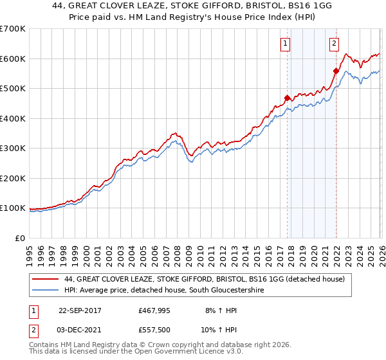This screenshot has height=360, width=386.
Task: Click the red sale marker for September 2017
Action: coord(287,98)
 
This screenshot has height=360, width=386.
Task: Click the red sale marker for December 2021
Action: coord(335,71)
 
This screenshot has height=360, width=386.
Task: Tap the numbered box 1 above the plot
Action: coord(284,44)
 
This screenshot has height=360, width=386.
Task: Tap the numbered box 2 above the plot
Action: coord(335,44)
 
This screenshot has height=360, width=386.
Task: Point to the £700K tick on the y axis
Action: coord(13,29)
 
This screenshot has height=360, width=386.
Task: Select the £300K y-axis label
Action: coord(13,148)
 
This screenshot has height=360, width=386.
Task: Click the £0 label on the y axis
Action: coord(19,238)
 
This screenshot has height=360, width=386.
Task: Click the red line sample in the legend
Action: coord(46,280)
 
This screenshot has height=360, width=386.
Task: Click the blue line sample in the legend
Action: coord(46,291)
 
